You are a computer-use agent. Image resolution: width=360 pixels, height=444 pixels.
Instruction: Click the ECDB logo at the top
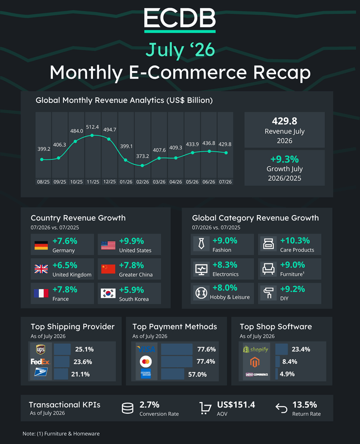[x=180, y=20]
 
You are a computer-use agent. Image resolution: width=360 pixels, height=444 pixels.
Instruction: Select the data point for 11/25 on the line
[x=92, y=135]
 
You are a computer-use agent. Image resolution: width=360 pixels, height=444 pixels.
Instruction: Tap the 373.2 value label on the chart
[x=142, y=156]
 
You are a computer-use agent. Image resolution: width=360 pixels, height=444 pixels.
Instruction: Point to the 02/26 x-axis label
[x=142, y=182]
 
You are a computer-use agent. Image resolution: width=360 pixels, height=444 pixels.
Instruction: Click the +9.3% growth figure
[x=285, y=159]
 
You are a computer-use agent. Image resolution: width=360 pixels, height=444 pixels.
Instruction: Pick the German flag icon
[x=41, y=245]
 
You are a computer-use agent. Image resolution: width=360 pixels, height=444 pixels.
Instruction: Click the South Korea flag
[x=108, y=293]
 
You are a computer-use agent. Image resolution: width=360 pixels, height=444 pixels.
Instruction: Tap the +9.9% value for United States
[x=131, y=241]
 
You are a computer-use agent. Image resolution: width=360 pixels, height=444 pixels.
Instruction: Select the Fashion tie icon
[x=201, y=244]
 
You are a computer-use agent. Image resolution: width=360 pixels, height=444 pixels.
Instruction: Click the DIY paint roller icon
[x=268, y=293]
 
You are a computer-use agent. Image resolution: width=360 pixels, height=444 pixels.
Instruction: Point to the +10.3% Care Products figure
[x=295, y=241]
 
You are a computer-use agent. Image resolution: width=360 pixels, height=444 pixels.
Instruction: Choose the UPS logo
[x=41, y=349]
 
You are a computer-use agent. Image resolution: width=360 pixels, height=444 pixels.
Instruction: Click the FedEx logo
[x=40, y=361]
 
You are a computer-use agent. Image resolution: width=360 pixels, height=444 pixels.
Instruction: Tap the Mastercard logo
[x=146, y=361]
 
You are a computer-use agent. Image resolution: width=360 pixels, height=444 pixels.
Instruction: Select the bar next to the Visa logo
[x=176, y=349]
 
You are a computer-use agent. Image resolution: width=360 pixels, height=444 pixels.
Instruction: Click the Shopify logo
[x=255, y=349]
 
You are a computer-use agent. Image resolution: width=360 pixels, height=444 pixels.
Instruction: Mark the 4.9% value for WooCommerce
[x=287, y=374]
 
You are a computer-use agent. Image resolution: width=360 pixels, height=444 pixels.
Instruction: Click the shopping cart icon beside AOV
[x=205, y=408]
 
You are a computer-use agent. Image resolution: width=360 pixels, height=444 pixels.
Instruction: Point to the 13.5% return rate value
[x=305, y=405]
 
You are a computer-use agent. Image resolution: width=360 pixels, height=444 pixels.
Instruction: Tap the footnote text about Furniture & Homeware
[x=61, y=434]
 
